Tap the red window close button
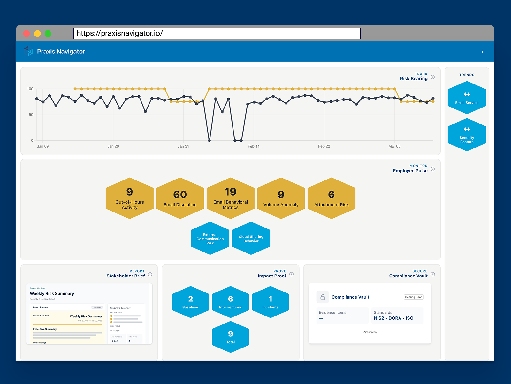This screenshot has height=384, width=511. coord(27,34)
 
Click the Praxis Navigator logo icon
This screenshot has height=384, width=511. coord(28,51)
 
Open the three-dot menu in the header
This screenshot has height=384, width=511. coord(482,51)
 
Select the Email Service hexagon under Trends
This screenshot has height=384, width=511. coord(467,98)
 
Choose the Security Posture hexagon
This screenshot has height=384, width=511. coord(467,135)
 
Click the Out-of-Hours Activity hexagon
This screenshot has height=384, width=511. coord(130,198)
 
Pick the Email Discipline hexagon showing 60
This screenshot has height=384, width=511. coord(180,198)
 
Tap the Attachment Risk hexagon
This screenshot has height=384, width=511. coord(332,198)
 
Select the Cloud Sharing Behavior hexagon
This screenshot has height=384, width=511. coord(251,238)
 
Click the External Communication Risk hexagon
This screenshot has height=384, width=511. coord(210,238)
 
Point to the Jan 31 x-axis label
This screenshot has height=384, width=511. coord(183,146)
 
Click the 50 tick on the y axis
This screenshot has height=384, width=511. coord(31,115)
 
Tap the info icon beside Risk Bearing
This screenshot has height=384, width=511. coord(433,77)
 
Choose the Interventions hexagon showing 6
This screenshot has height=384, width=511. coord(231,302)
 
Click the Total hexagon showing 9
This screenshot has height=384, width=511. coord(231,337)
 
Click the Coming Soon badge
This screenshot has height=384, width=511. coord(414,297)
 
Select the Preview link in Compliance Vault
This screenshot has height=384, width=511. coord(370,332)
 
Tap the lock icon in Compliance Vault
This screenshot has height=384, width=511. coord(323,297)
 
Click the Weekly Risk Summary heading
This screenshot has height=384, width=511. coord(52,293)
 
